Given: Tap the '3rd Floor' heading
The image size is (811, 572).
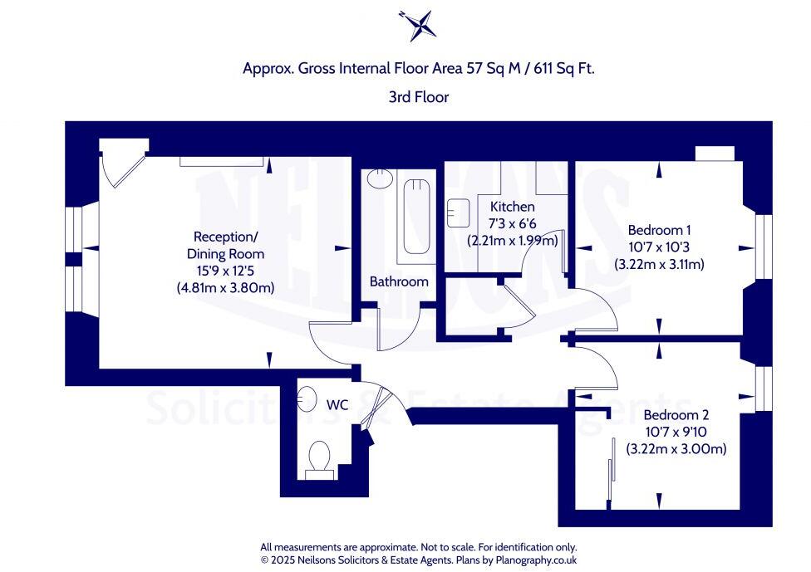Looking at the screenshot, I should point(418,97).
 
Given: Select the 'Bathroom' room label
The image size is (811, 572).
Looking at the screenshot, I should point(399,281).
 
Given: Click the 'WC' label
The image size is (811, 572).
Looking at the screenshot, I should point(337,405).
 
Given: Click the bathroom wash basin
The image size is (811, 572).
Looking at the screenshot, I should point(379,179).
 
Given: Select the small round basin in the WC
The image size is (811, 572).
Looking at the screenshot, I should point(307,400).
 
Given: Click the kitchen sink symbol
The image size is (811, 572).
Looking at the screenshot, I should point(459,213).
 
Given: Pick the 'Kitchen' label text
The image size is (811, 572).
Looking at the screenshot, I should point(512,207).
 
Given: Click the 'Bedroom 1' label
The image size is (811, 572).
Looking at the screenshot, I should point(659,230).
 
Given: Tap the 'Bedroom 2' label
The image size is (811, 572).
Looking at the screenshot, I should point(676,414).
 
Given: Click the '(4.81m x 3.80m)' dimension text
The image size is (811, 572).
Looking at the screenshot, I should point(225,288).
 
